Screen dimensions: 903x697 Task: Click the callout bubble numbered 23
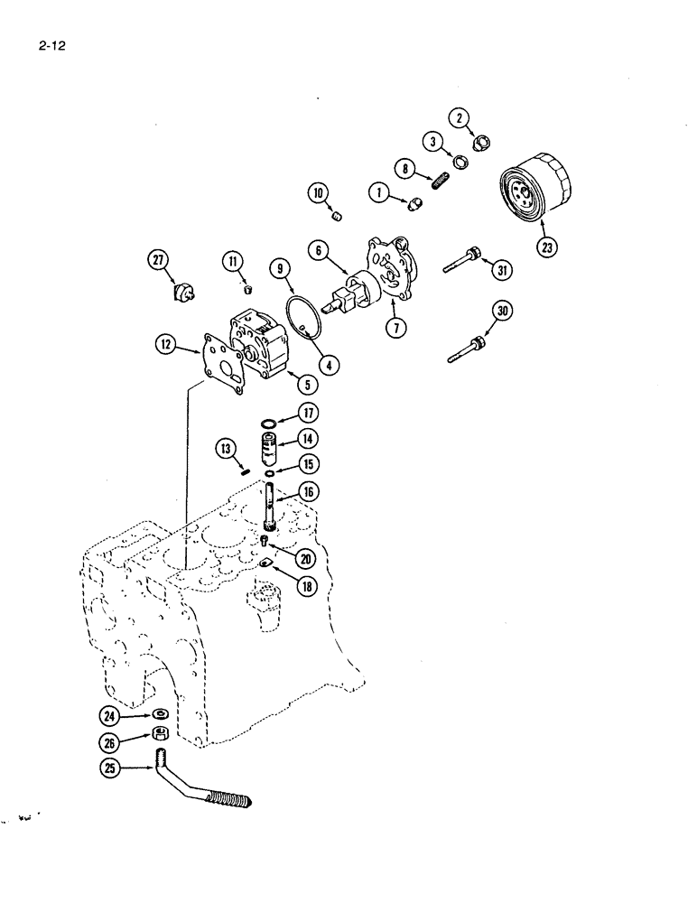pos(546,246)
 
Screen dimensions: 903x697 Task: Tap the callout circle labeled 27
pos(161,262)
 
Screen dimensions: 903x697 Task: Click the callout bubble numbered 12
pos(165,343)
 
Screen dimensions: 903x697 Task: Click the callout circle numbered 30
pos(503,312)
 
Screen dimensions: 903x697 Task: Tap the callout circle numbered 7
pos(397,328)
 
